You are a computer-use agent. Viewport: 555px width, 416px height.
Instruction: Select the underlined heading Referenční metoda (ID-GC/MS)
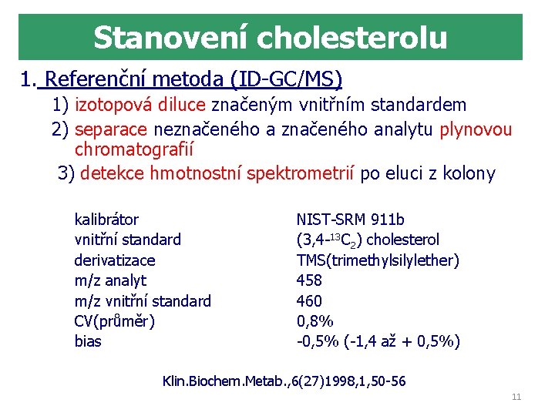coord(193,80)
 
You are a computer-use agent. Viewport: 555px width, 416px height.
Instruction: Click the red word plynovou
coord(476,129)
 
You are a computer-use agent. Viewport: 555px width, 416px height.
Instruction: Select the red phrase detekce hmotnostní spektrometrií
coord(217,173)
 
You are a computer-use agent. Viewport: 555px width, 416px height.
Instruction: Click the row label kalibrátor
coord(106,220)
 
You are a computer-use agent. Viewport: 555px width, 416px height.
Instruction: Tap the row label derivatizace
coord(114,260)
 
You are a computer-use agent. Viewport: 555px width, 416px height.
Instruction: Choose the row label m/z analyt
coord(109,280)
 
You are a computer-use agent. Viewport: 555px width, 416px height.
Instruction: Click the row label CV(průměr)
coord(114,321)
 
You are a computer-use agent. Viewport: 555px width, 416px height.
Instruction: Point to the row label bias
coord(87,341)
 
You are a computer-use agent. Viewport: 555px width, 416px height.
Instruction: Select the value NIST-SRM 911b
coord(350,220)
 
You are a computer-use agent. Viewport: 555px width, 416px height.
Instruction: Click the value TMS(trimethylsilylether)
coord(378,260)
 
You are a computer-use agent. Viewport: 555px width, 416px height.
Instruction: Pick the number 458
coord(309,280)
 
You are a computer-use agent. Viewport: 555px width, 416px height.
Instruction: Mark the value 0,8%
coord(314,321)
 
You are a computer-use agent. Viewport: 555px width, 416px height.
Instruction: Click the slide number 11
coord(516,397)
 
